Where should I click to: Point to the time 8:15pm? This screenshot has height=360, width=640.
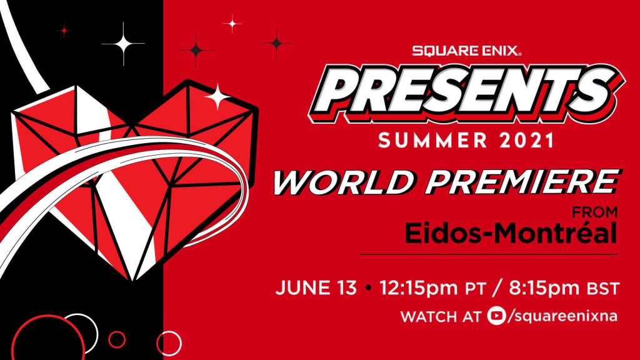pos(543,289)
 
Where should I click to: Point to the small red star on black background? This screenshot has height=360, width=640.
pos(64,30)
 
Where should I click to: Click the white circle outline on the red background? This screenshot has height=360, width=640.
pos(169,343)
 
